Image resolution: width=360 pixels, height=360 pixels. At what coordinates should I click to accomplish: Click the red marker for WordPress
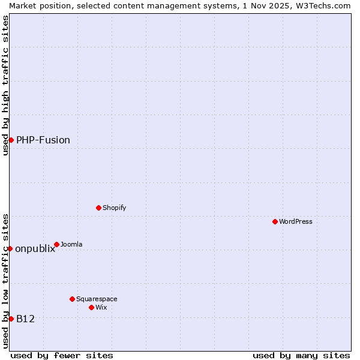(x=275, y=221)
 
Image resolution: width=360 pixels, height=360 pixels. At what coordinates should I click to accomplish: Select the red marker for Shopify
(x=98, y=208)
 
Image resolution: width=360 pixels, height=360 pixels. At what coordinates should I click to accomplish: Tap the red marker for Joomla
(x=56, y=244)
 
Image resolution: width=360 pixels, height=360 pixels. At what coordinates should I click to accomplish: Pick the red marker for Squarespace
(x=72, y=299)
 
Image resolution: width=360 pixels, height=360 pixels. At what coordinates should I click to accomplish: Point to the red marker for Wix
(x=91, y=307)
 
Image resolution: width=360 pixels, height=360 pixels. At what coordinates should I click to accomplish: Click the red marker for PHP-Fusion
(x=11, y=140)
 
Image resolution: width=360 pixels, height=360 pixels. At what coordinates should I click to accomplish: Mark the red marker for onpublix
(x=10, y=248)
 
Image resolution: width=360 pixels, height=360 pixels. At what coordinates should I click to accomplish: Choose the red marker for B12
(x=11, y=319)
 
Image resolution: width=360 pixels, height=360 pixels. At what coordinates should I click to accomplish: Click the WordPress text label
(x=296, y=221)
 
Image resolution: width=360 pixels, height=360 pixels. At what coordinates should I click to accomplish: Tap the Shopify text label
(x=114, y=208)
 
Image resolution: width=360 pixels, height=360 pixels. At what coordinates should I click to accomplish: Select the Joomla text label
(x=71, y=244)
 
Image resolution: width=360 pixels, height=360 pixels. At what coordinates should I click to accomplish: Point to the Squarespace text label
(x=97, y=299)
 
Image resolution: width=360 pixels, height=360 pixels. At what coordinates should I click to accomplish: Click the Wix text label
(x=101, y=307)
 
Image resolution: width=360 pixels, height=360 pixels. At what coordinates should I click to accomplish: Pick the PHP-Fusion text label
(x=43, y=140)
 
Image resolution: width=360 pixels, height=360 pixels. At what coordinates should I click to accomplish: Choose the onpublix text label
(x=35, y=249)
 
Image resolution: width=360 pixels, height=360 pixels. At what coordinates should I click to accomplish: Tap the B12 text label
(x=25, y=319)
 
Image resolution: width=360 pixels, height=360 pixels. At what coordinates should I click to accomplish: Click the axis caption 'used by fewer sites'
(x=62, y=355)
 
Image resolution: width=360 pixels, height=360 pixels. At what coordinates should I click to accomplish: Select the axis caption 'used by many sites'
(x=301, y=355)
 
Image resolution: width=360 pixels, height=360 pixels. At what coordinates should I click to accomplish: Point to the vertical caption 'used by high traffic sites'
(x=5, y=85)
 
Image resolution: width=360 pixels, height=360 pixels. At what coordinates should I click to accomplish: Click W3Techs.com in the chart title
(x=322, y=5)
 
